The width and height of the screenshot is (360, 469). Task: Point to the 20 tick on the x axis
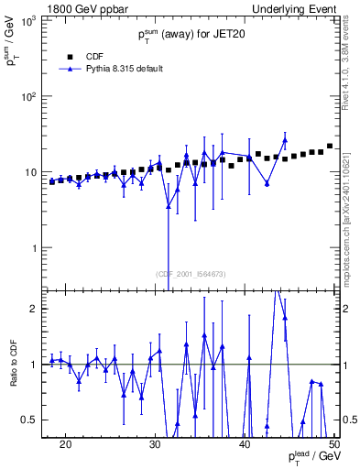(x=65, y=443)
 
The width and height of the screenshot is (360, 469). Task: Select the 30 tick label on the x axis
(x=155, y=443)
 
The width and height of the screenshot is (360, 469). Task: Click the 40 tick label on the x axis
(x=245, y=443)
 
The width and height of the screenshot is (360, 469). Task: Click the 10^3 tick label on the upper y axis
(x=27, y=20)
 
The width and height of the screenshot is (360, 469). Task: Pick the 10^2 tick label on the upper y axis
(x=27, y=96)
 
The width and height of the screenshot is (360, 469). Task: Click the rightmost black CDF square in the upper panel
(x=330, y=146)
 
